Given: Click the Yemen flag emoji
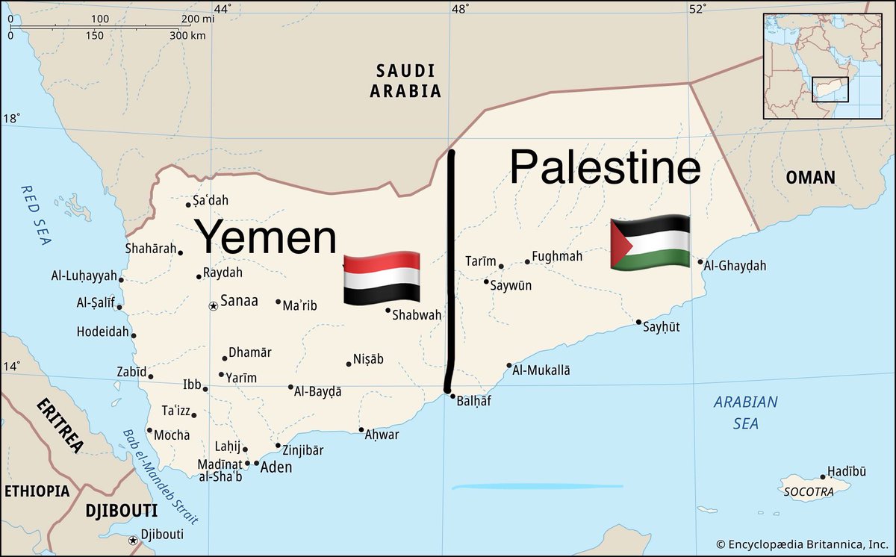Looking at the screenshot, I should point(382,278).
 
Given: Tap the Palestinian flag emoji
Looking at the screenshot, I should point(650,242).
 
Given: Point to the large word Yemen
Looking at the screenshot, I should point(266,237).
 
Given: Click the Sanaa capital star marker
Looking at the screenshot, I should point(213,305).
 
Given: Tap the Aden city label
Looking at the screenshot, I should point(276,467).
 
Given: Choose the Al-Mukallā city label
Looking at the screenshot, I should point(541,370).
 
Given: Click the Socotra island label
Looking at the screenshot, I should point(809,492).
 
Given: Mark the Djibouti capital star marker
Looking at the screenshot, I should point(133,540).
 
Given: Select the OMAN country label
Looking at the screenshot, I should point(810,178).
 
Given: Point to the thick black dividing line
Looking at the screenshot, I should point(450,269).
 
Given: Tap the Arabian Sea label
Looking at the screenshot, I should point(745,412).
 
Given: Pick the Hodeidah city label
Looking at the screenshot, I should point(103,332).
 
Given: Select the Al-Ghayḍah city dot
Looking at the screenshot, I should point(700,261).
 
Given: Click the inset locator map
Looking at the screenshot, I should point(822,66).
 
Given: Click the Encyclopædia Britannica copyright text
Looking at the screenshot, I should point(802,545).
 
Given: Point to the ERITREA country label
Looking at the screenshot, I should point(60,425).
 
